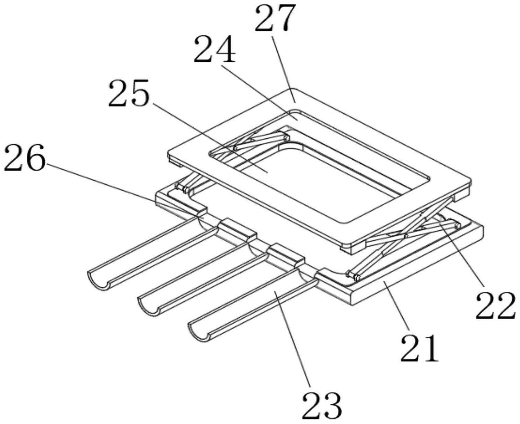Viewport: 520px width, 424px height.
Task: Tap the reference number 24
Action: (x=215, y=50)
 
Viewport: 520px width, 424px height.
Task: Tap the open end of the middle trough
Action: (x=148, y=306)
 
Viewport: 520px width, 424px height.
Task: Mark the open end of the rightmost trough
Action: (x=199, y=331)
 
